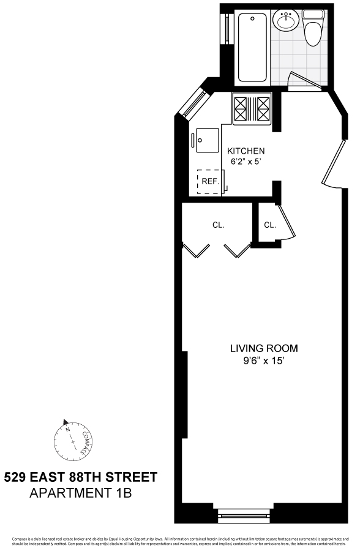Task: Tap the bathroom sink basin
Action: coord(286,23)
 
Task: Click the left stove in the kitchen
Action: coord(240,108)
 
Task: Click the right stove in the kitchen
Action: coord(263,108)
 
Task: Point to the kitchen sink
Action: coord(206,141)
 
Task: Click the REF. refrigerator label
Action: coord(210,181)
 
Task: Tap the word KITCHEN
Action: coord(246,151)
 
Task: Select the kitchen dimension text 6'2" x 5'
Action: coord(246,162)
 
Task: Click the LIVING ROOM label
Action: coord(264,348)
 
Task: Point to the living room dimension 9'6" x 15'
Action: coord(264,361)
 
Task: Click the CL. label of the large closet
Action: coord(219,225)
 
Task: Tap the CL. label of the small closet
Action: coord(270,225)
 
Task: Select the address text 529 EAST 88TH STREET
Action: coord(81,477)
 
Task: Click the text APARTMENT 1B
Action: coord(81,492)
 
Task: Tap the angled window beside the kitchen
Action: coord(192,102)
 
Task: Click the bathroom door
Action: coord(304,81)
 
